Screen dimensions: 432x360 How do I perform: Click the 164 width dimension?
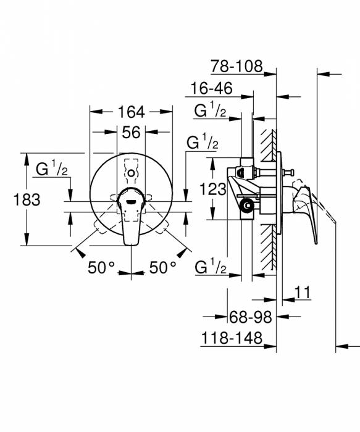click(131, 112)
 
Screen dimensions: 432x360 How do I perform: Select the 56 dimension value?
click(131, 132)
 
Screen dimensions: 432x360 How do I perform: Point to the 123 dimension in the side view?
click(213, 190)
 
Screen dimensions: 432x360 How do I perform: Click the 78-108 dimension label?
click(237, 65)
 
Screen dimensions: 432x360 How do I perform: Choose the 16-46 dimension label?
click(212, 89)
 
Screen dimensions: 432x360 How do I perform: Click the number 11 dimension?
click(303, 293)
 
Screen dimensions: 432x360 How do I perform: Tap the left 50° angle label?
click(101, 267)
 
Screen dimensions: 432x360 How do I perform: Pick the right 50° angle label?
click(162, 267)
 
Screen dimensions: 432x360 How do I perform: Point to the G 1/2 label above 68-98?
click(209, 267)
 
